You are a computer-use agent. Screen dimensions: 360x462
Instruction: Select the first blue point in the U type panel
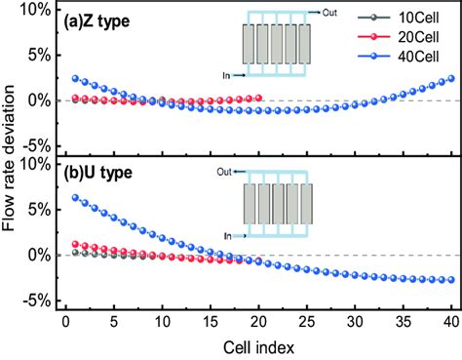[64, 197]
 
